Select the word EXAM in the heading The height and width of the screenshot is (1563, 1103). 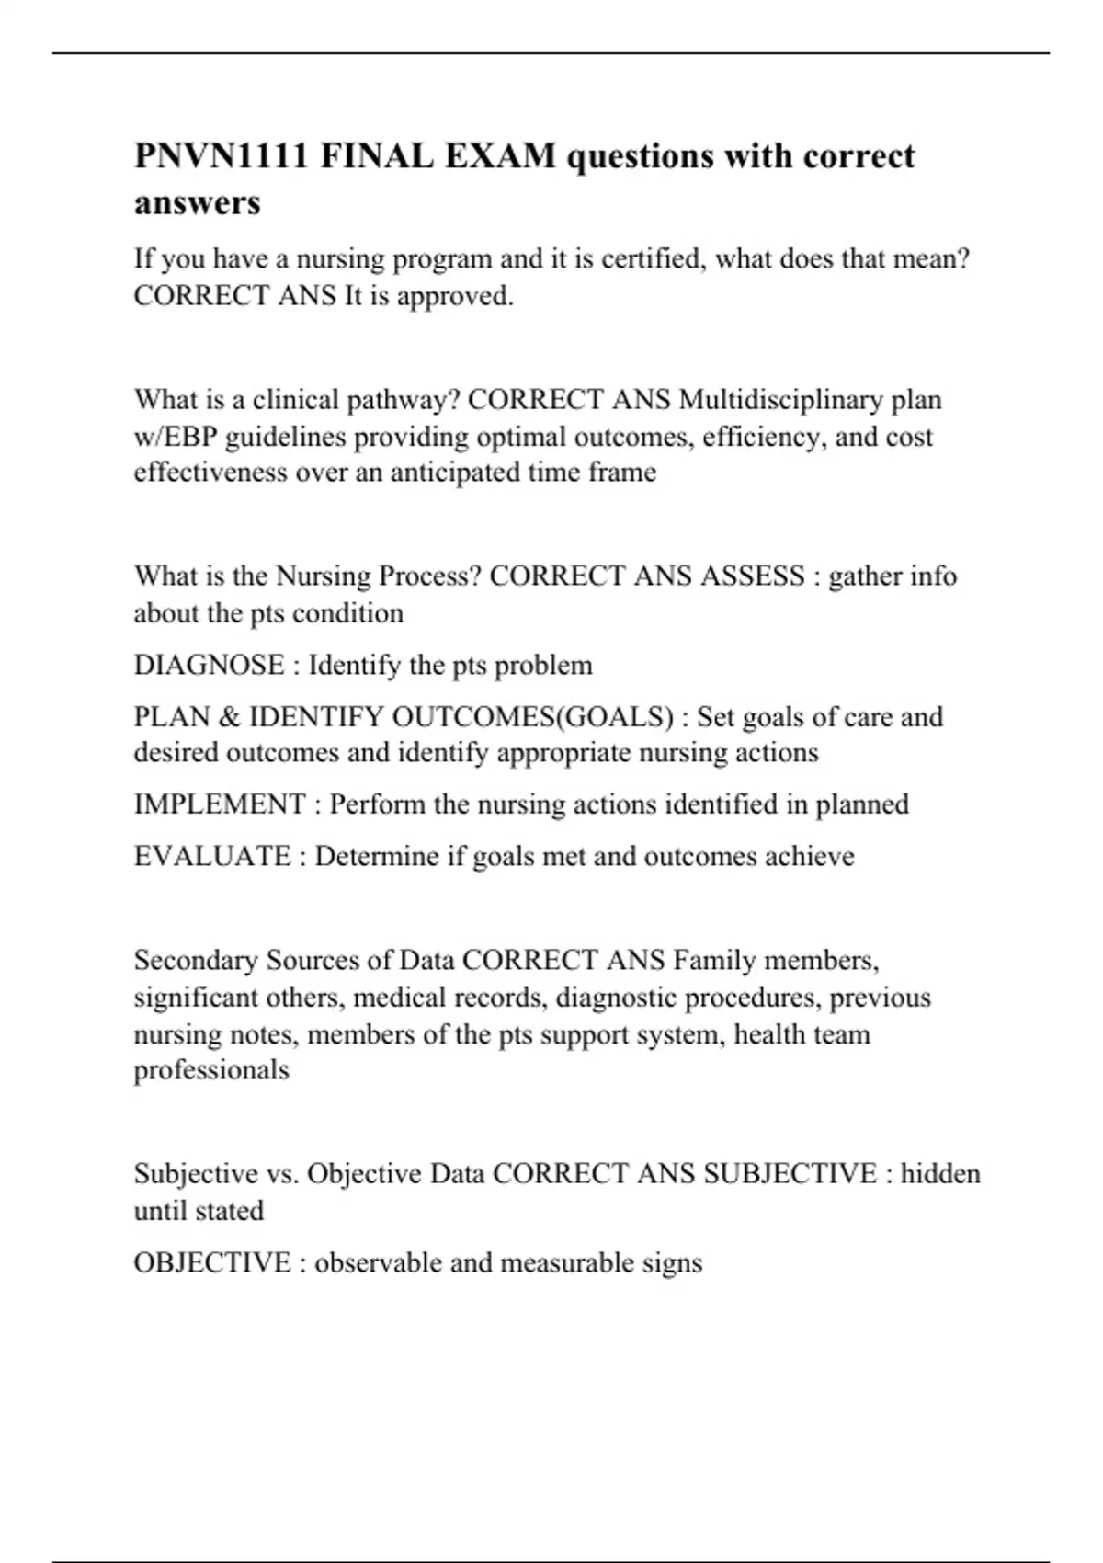click(502, 156)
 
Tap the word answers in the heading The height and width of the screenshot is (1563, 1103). click(198, 202)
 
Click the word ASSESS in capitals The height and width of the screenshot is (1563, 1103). click(753, 576)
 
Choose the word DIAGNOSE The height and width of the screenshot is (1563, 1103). click(209, 665)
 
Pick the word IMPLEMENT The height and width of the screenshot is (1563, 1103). click(220, 804)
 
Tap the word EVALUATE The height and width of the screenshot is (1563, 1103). click(212, 856)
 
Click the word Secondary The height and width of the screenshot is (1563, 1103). click(196, 961)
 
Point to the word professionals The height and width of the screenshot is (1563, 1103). click(211, 1070)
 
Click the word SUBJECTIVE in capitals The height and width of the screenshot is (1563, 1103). click(790, 1174)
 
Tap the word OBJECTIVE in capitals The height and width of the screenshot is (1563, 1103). click(212, 1262)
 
